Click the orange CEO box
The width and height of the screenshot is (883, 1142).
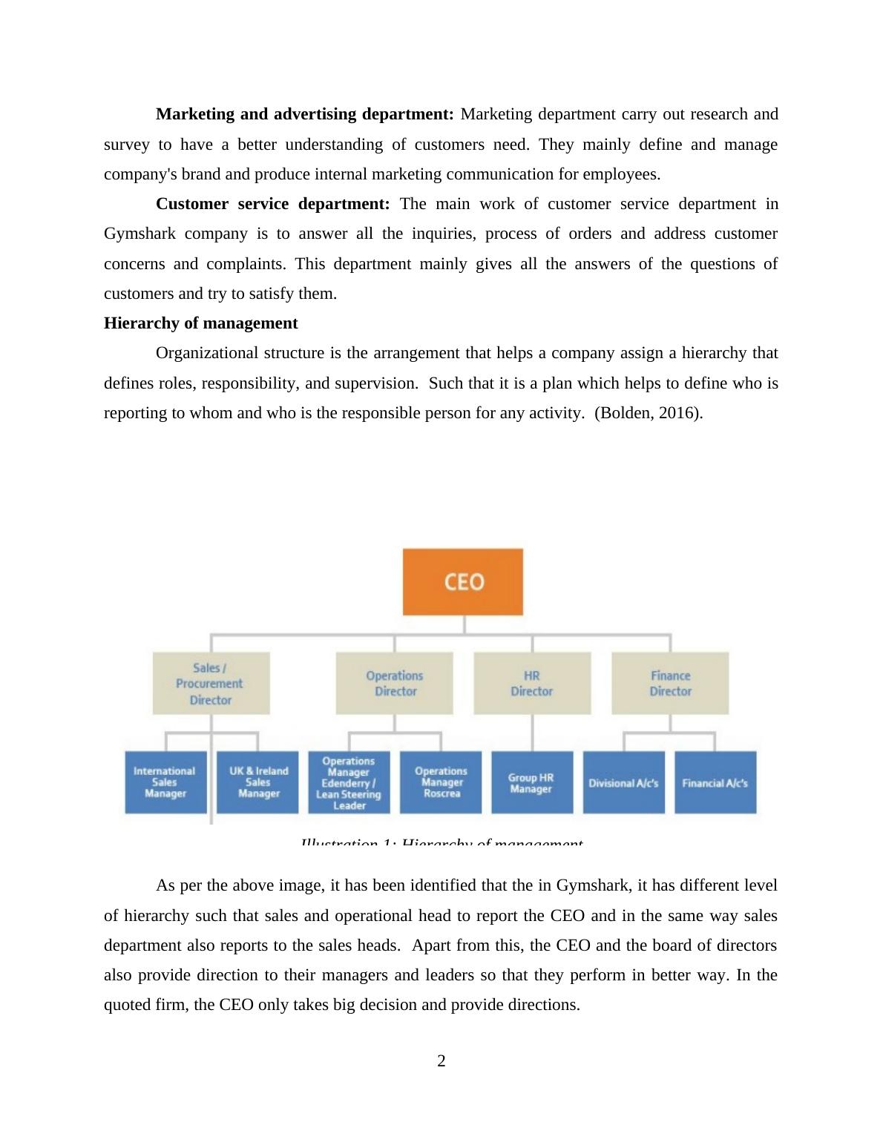462,581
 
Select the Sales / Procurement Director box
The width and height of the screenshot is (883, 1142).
211,683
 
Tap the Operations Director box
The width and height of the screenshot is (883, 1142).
394,683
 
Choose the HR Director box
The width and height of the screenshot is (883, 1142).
532,683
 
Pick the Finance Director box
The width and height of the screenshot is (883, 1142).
670,683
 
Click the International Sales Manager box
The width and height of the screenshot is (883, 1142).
165,782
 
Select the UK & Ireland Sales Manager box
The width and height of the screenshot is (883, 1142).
257,782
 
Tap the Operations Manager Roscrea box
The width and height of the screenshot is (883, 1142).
441,782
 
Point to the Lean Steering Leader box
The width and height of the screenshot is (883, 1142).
349,782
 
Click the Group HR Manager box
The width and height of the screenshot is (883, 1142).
531,782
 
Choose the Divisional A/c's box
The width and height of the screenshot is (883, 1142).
623,782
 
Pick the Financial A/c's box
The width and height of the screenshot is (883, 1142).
715,782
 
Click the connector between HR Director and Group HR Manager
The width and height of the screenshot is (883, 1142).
532,733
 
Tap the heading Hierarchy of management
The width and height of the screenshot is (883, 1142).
200,323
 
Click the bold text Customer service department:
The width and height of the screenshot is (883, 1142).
272,204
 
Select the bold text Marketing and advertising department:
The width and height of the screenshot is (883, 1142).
304,114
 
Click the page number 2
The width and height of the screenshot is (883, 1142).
441,1061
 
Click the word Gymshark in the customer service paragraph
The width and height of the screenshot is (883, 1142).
139,234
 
